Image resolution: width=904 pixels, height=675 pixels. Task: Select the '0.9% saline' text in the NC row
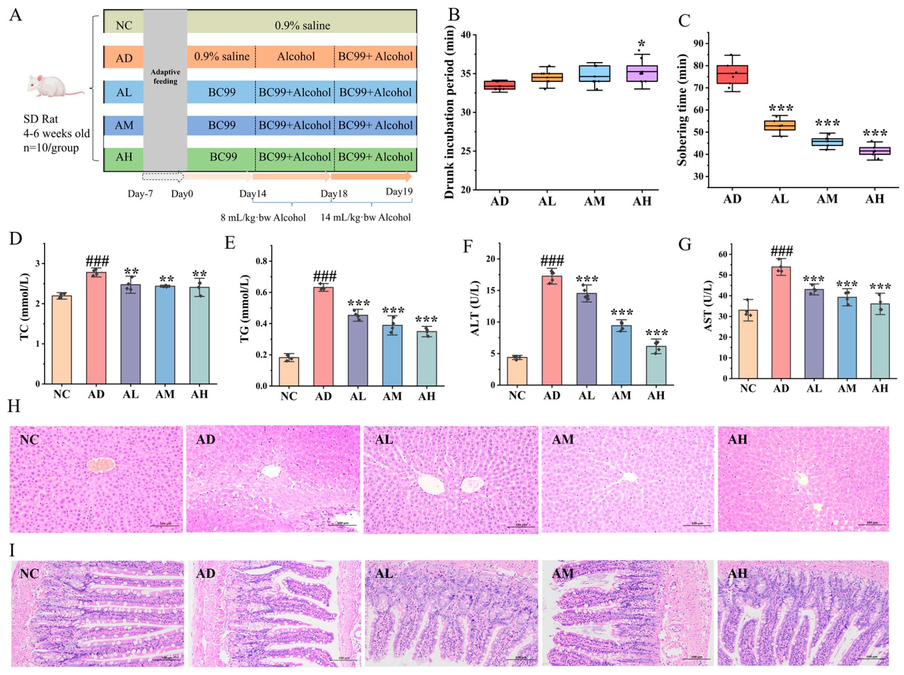(302, 25)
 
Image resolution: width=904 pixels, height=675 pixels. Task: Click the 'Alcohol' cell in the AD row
(296, 56)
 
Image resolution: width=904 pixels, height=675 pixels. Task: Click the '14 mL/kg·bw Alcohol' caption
(366, 217)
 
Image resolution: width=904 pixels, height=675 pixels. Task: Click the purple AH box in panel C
(874, 151)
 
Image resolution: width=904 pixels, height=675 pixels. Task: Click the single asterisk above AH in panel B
(642, 44)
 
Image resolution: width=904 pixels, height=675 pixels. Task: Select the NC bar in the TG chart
(289, 371)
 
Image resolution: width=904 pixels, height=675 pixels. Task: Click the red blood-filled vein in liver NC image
(101, 465)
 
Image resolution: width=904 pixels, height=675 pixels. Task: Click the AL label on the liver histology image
(384, 440)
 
